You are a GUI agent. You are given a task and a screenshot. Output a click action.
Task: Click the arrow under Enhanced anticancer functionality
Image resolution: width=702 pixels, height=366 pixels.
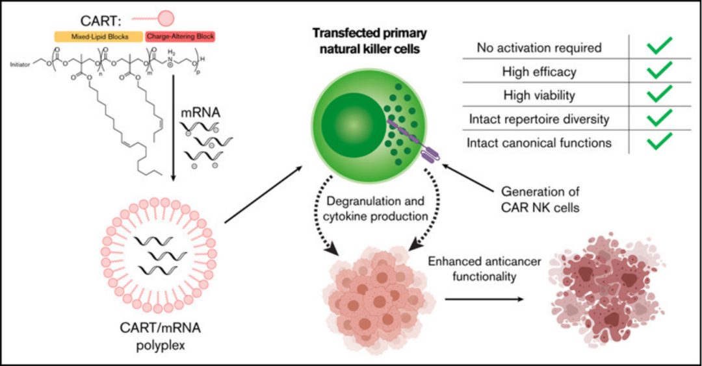(x=484, y=299)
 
